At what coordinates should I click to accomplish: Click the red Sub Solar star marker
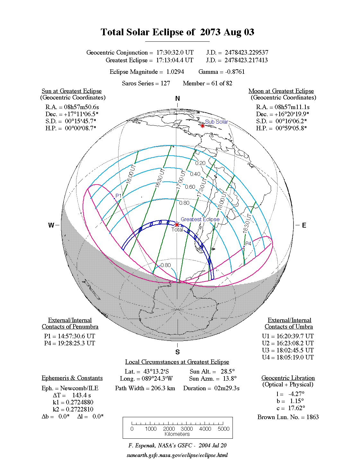[x=203, y=126]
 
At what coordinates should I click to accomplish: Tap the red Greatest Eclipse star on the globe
[x=177, y=225]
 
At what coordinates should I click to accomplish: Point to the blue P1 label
[x=119, y=195]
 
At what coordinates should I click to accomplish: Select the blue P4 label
[x=248, y=243]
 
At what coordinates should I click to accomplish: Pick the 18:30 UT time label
[x=247, y=223]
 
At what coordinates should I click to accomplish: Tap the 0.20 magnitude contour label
[x=200, y=163]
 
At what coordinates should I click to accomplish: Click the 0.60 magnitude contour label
[x=190, y=187]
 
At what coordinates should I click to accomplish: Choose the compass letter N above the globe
[x=177, y=99]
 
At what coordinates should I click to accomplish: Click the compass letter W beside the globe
[x=51, y=225]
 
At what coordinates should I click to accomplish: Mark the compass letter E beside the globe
[x=304, y=225]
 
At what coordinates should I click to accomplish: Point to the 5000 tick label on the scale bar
[x=224, y=429]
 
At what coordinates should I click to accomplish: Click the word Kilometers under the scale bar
[x=177, y=434]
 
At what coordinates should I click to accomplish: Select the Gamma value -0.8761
[x=235, y=72]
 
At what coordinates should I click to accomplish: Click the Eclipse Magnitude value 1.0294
[x=175, y=72]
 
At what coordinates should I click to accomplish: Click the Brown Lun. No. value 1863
[x=312, y=417]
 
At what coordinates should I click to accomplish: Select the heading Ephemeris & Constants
[x=72, y=378]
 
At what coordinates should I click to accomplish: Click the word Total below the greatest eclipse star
[x=177, y=229]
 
